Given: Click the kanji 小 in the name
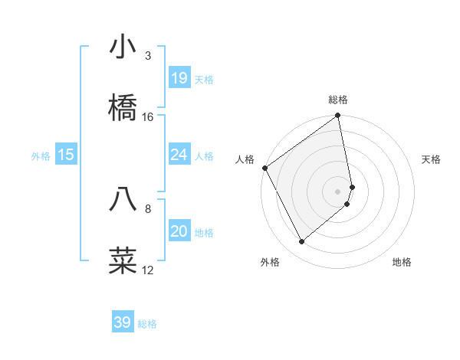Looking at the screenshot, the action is tap(123, 47).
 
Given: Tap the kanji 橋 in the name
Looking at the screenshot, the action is tap(123, 108).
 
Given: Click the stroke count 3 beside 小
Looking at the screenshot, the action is tap(148, 56).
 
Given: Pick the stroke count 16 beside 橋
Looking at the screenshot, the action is tap(148, 116).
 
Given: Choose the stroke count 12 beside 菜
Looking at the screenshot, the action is tap(148, 270).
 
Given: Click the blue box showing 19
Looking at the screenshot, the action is tap(179, 78).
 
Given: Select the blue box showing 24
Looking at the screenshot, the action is tap(179, 155).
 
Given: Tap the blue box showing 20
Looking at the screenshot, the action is tap(179, 231).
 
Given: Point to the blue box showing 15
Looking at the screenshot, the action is tap(66, 155).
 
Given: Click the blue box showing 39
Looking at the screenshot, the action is tap(122, 322).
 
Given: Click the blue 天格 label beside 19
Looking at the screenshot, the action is tap(204, 80).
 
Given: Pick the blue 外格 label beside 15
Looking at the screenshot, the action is tap(41, 156).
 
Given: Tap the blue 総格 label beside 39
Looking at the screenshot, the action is tap(147, 324).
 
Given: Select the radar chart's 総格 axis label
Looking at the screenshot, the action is tap(338, 100).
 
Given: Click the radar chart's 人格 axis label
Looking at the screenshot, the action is tap(245, 159).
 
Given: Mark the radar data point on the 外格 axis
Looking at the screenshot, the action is tap(301, 242).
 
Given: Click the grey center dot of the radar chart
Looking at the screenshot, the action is tap(338, 191).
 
